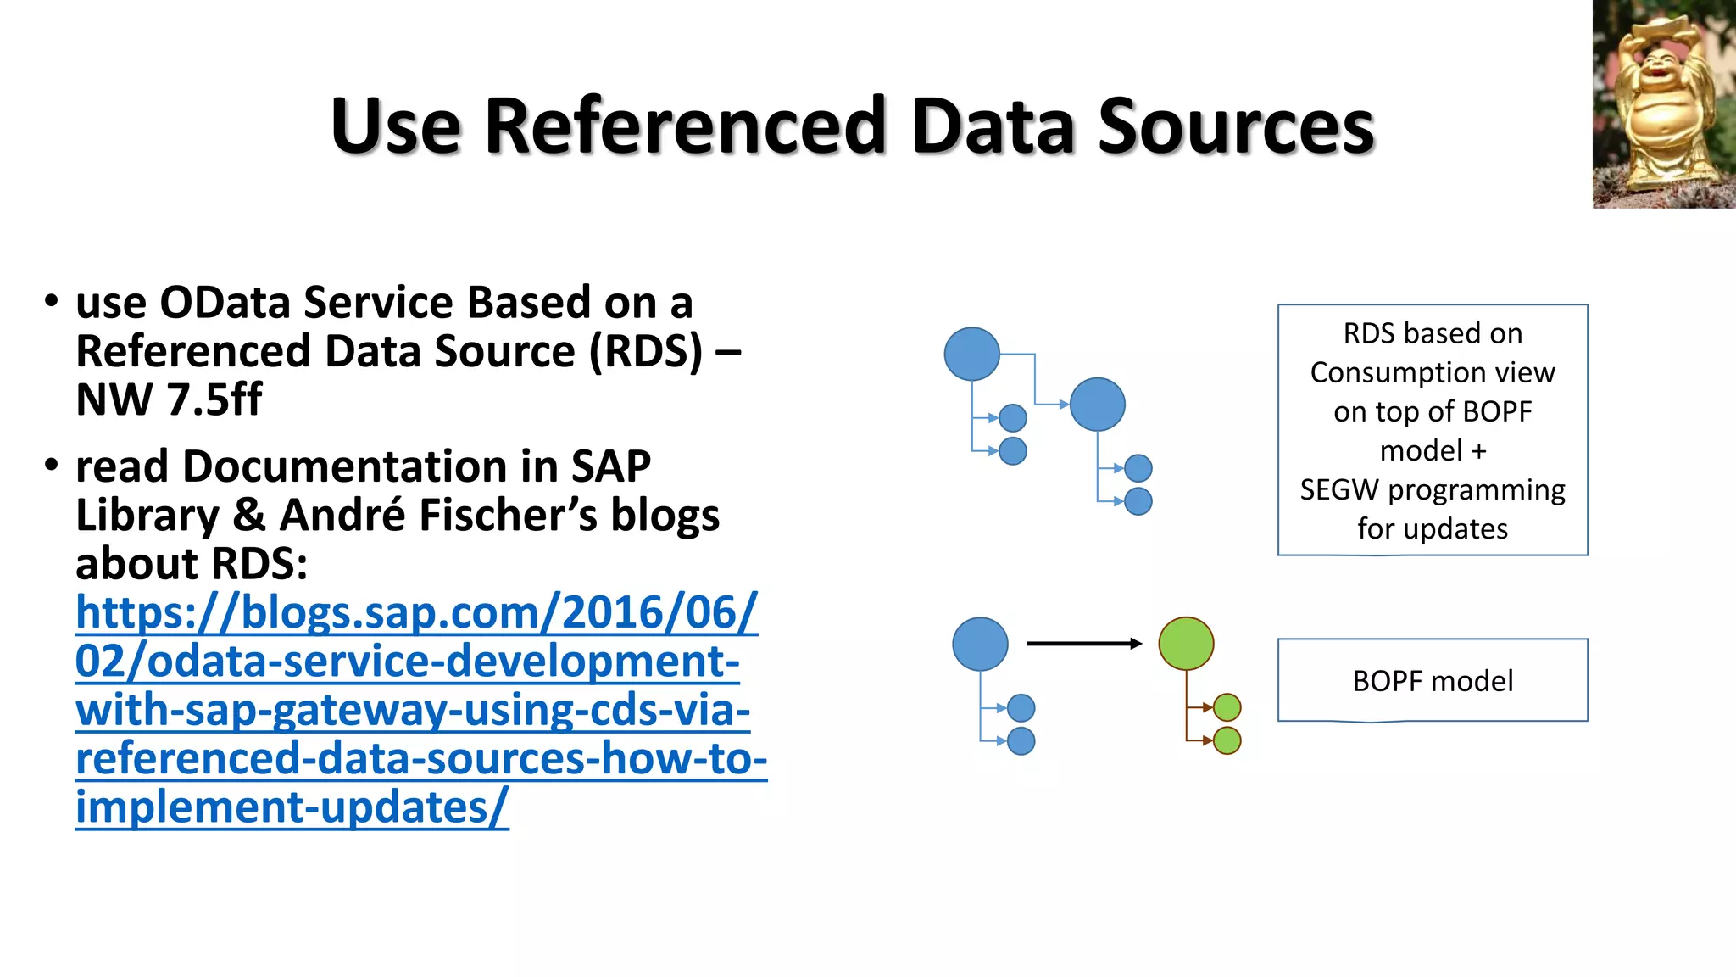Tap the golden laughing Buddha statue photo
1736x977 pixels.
pos(1663,103)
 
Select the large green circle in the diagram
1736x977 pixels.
pos(1186,644)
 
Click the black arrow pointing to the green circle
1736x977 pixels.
pos(1084,644)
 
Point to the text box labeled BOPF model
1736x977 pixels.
pos(1432,680)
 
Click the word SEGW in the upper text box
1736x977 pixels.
pos(1338,490)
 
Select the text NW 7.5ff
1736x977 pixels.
pos(169,399)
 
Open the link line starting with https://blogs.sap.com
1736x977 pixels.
pos(415,612)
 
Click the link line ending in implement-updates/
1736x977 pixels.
pos(292,807)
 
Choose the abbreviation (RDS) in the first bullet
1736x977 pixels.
pos(646,351)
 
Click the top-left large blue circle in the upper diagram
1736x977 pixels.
pos(971,354)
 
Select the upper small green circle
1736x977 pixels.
pos(1227,706)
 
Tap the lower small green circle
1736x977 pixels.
pos(1227,740)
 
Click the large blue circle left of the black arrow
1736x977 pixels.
pos(980,644)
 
